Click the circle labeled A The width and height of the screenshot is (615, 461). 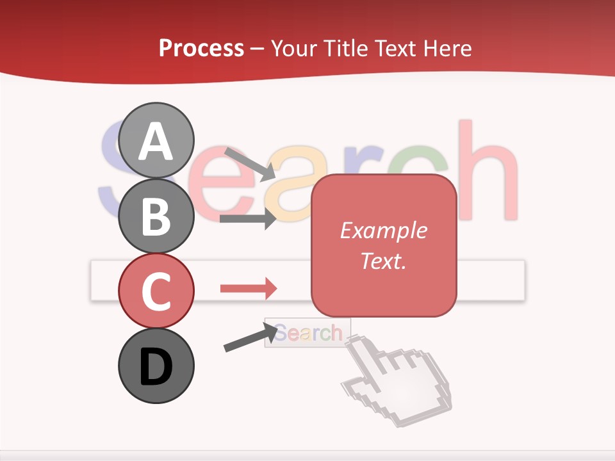(x=156, y=140)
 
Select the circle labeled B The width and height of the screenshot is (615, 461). (x=156, y=215)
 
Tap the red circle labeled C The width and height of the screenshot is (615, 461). (x=156, y=290)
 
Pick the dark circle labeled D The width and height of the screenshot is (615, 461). (x=156, y=366)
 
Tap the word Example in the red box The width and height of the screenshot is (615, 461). (x=383, y=230)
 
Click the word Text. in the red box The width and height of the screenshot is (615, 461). (x=383, y=261)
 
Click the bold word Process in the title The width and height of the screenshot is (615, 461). (x=201, y=48)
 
